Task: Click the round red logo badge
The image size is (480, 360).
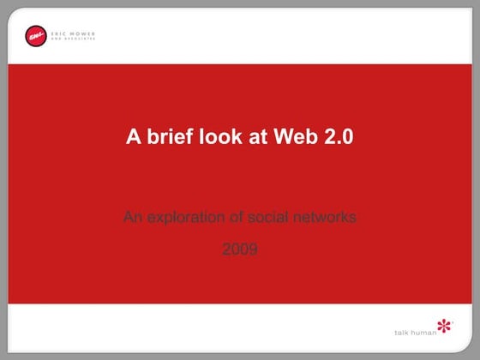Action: pos(36,36)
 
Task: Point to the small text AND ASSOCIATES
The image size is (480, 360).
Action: pos(73,39)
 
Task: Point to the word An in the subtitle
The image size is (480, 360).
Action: pos(132,217)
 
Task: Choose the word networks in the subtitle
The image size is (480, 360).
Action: pos(323,217)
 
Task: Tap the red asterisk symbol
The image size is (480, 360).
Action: pos(445,327)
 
